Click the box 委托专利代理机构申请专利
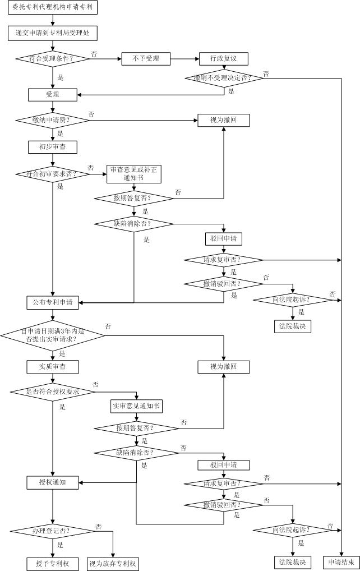53,8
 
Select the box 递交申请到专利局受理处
53,33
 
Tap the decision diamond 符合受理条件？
53,58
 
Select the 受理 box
53,94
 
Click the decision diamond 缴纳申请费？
53,120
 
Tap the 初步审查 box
53,147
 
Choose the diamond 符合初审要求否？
53,174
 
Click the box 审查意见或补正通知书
134,174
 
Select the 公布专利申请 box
53,303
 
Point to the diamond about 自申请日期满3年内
53,335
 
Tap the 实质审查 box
53,367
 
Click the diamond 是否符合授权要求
53,392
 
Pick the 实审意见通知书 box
136,406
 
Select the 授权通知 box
53,482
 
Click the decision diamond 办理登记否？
53,531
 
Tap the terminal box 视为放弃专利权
113,563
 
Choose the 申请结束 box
340,562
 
